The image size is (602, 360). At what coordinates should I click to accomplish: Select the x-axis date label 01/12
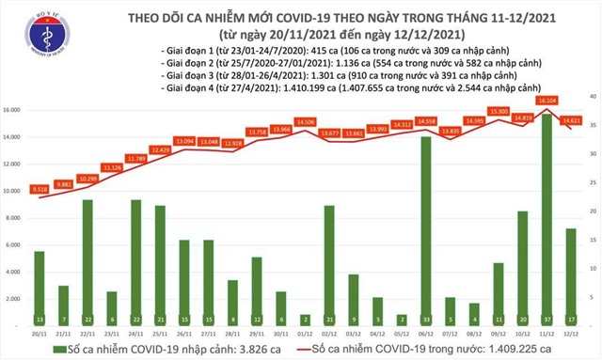tap(305, 333)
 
